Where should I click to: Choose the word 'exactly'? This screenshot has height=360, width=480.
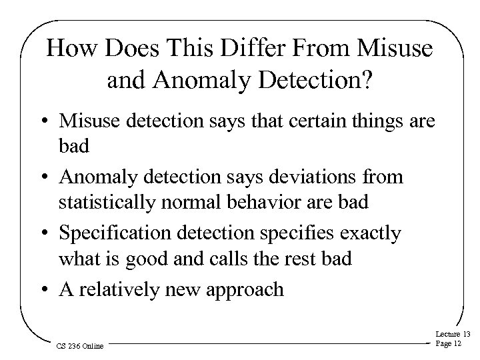pos(367,234)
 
